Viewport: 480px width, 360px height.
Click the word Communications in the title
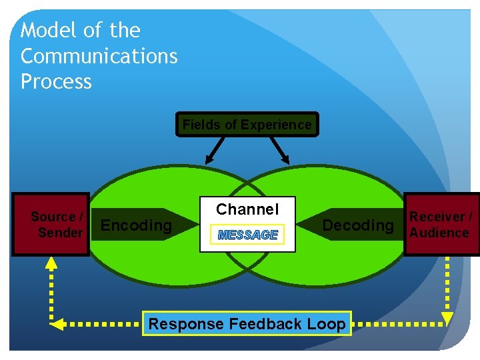99,57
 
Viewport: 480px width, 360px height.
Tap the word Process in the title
56,82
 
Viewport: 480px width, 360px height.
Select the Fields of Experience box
247,125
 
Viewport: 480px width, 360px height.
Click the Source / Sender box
51,225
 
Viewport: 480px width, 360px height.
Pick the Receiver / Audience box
442,225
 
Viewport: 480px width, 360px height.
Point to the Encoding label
136,225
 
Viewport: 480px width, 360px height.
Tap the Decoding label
358,225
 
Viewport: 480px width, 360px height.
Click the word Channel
247,209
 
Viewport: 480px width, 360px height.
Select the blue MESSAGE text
247,235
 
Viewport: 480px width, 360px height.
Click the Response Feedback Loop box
247,324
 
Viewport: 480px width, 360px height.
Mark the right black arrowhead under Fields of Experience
285,159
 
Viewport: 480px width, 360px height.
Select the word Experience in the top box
276,125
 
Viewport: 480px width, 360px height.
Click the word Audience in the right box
439,233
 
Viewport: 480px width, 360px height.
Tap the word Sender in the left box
60,233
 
